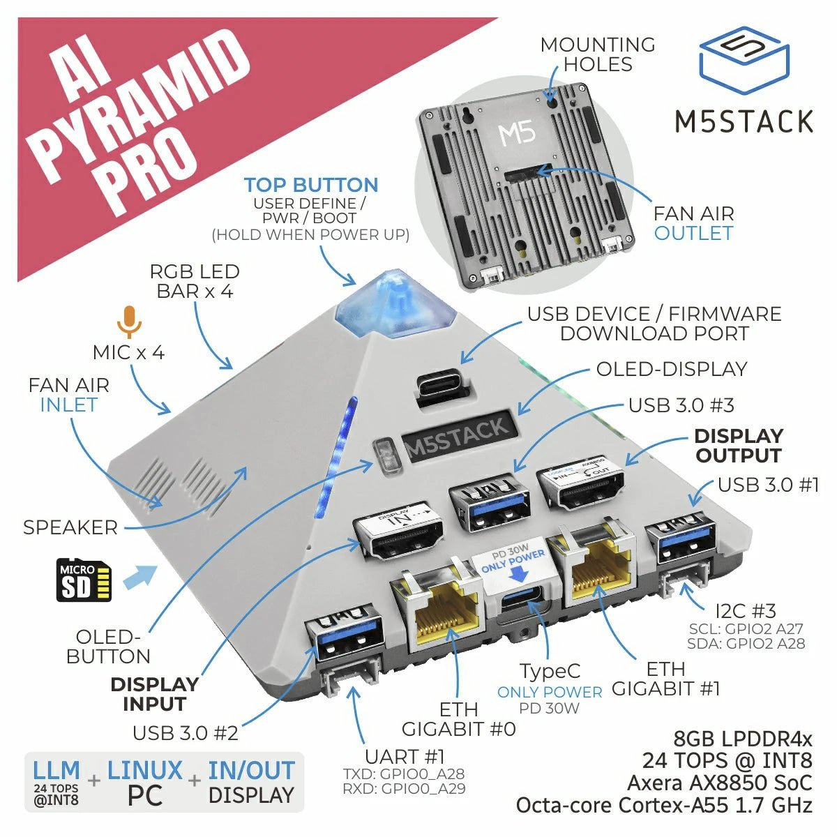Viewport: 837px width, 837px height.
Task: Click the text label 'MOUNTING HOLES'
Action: (x=598, y=54)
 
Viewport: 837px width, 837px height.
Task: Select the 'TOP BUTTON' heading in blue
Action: (x=311, y=185)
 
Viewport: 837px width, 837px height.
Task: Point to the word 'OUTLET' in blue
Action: (x=693, y=233)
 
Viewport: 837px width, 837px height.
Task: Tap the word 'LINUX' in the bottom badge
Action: (x=144, y=771)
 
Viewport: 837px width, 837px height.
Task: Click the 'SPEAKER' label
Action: (x=70, y=527)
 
